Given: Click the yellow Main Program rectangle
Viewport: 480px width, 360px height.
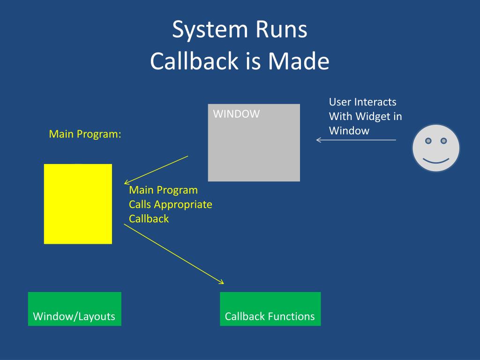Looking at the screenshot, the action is tap(78, 204).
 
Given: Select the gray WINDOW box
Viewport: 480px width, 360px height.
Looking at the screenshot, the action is tap(254, 142).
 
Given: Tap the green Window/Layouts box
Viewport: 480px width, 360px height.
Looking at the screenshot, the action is tap(75, 309).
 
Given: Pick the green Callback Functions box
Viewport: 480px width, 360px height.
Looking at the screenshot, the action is tap(270, 309).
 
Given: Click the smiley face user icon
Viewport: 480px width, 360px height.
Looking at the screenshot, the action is tap(436, 148).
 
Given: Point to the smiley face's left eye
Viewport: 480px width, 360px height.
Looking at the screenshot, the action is tap(428, 141).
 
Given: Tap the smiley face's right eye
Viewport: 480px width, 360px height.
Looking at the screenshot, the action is tap(443, 141).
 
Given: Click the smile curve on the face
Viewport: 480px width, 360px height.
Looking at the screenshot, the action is tap(436, 162).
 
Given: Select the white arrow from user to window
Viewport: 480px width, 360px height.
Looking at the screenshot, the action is tap(356, 140).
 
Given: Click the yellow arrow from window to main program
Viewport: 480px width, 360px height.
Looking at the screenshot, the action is tap(156, 170).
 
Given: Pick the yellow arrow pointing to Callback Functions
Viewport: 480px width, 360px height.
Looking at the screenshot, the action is tap(174, 254).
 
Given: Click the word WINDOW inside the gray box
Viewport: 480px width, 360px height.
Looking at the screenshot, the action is tap(236, 114).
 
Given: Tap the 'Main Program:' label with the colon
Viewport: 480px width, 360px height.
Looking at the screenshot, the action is tap(85, 134).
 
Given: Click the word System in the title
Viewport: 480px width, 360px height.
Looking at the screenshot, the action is tap(210, 30).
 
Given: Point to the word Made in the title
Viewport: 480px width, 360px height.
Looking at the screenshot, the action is tap(299, 60).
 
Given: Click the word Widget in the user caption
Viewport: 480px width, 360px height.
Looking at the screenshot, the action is tap(373, 117).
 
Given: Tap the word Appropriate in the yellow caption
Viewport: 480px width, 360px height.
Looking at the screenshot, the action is tap(183, 205).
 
